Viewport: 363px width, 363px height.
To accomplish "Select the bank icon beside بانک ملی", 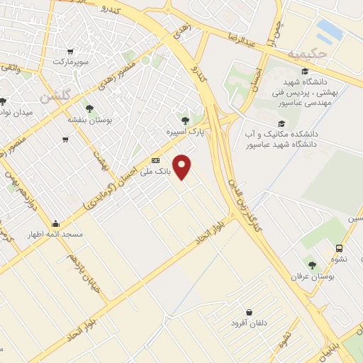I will [156, 161].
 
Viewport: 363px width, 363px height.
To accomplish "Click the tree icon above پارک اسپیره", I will [185, 121].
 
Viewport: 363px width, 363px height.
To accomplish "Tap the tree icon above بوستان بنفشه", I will [90, 108].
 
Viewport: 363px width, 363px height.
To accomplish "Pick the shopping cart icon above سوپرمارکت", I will [70, 51].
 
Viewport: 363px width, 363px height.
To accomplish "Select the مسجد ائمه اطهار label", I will [55, 233].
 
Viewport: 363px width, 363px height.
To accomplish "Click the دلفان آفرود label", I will [247, 323].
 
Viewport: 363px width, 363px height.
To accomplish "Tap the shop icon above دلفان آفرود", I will [249, 312].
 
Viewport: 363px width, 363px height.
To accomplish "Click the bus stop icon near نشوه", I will [340, 248].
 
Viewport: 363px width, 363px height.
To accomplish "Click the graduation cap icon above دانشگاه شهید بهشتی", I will [305, 72].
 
